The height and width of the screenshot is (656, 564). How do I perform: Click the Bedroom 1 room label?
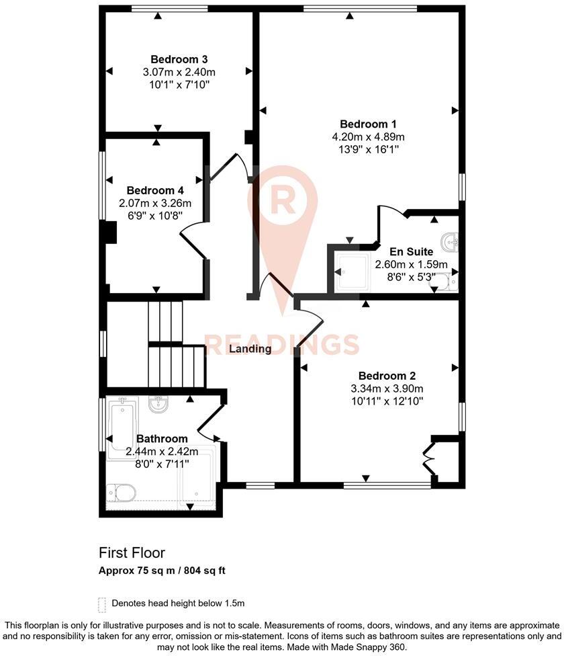click(x=368, y=124)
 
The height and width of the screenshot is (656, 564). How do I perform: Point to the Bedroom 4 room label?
click(x=155, y=190)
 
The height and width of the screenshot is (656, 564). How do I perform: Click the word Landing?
click(x=250, y=349)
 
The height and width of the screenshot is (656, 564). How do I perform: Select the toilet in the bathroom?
click(x=121, y=493)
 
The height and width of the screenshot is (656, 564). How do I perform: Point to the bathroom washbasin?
click(x=159, y=405)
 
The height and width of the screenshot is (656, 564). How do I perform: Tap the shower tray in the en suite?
click(x=352, y=272)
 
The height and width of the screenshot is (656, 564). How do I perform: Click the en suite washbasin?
click(x=451, y=241)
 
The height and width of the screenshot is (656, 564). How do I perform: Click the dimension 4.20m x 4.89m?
click(x=368, y=137)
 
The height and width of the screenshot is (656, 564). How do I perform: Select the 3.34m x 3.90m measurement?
click(x=387, y=388)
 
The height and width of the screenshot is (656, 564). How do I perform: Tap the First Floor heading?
click(x=132, y=553)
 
